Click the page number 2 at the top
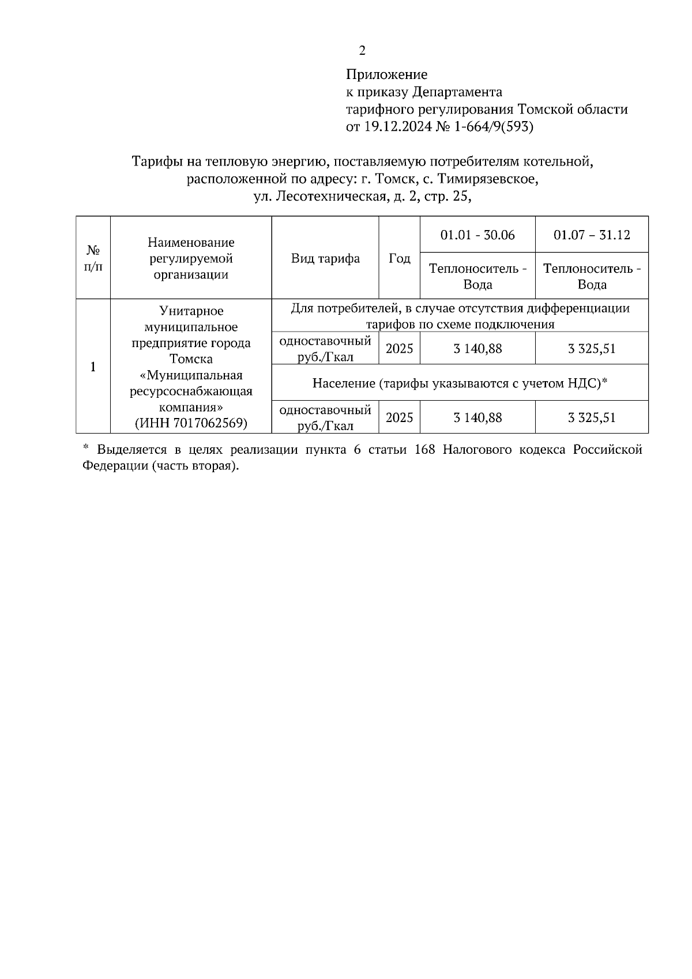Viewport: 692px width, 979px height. click(x=362, y=51)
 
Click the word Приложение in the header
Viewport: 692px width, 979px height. click(x=386, y=74)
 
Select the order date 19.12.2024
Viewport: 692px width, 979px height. click(x=397, y=127)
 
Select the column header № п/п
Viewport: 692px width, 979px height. click(x=93, y=258)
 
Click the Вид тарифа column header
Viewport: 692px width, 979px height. click(x=325, y=258)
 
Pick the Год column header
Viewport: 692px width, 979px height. click(x=399, y=258)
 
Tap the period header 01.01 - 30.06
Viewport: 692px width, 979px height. click(x=477, y=235)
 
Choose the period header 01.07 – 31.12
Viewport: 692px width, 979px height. click(x=592, y=235)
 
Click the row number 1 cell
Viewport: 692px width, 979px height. click(x=93, y=367)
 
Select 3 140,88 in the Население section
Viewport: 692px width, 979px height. click(x=477, y=417)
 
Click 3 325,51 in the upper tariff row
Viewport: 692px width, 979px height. click(x=592, y=349)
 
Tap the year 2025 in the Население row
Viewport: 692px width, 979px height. click(x=399, y=417)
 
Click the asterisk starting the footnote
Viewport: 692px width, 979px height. click(x=86, y=448)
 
